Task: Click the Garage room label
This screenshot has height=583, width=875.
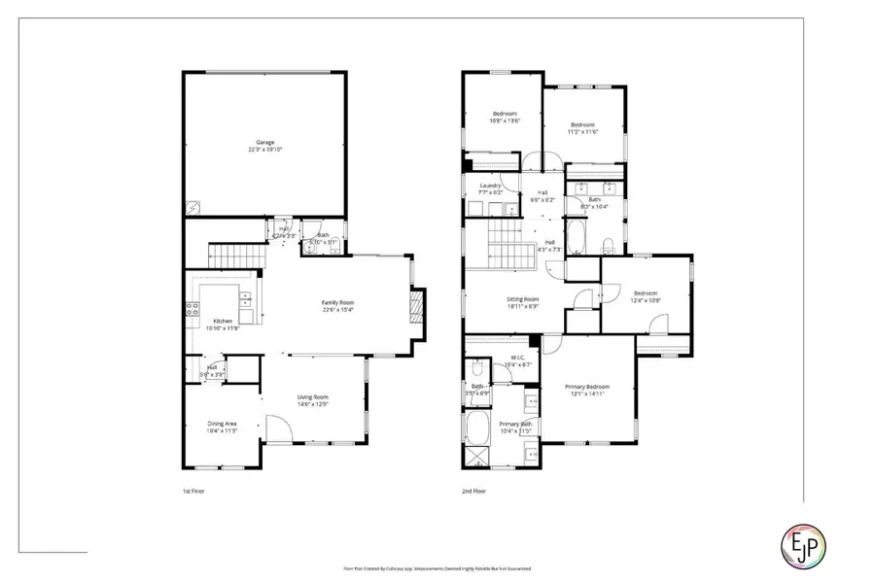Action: tap(264, 142)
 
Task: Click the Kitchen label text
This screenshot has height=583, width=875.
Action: tap(223, 321)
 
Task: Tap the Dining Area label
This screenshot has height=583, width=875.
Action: tap(223, 424)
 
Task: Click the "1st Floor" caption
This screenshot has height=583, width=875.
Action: tap(194, 492)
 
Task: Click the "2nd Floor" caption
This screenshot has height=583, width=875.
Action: tap(473, 492)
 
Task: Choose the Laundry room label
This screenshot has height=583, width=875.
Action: tap(489, 186)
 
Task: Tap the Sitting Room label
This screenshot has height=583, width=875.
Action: tap(523, 300)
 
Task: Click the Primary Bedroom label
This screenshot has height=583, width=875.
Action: tap(588, 387)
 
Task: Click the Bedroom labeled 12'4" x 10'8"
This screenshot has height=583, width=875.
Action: tap(646, 293)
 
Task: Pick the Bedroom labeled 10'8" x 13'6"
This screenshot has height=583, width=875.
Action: tap(503, 114)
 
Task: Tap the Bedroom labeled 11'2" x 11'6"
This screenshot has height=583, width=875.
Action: tap(582, 124)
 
